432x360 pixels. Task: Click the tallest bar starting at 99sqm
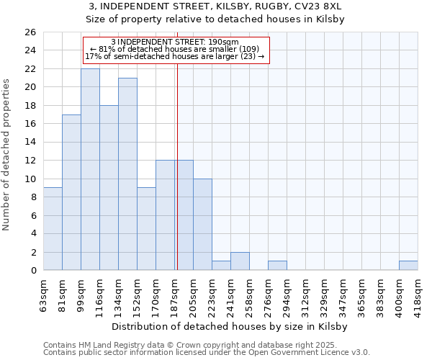tap(90, 169)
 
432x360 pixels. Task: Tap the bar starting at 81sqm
tap(71, 192)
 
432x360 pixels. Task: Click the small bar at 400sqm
tap(408, 266)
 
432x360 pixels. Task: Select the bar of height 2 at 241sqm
tap(240, 261)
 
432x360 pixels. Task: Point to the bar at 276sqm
tap(277, 266)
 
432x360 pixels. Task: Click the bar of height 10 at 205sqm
tap(202, 224)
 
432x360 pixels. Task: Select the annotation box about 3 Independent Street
tap(176, 50)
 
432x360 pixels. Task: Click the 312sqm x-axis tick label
tap(306, 294)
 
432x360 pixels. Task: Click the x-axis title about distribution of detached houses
tap(230, 326)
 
